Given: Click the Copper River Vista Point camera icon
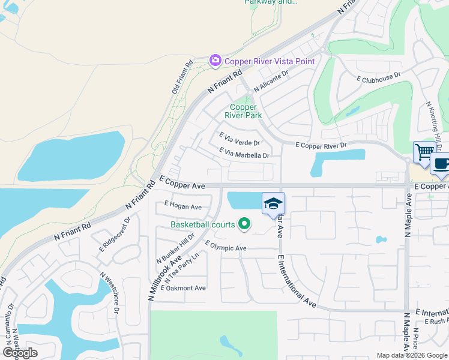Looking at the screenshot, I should [x=215, y=61].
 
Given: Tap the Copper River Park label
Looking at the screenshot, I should [x=244, y=111].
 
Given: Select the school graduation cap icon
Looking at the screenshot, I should [x=273, y=203].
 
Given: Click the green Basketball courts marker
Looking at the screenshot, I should [x=244, y=224].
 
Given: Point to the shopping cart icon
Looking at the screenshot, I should [x=424, y=151].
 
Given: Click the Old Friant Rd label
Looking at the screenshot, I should [x=182, y=76].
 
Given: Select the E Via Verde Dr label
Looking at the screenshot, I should [x=240, y=140].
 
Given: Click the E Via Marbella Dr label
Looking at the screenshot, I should [x=244, y=154].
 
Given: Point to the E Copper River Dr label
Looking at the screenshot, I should [x=321, y=145].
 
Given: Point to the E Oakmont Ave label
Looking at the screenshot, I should [x=183, y=288].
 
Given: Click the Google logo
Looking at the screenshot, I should [x=20, y=352].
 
